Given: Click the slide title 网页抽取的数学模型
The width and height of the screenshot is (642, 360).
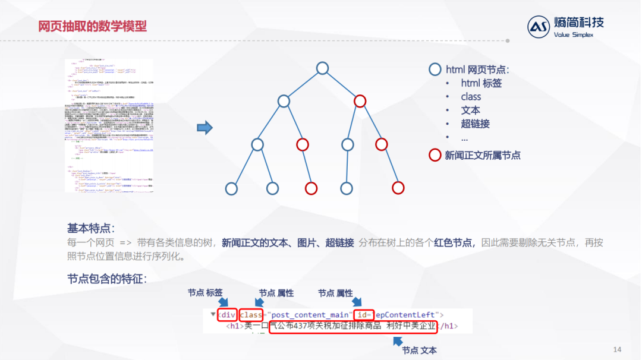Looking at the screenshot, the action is (x=92, y=27).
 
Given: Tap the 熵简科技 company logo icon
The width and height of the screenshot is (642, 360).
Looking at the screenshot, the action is (x=539, y=27).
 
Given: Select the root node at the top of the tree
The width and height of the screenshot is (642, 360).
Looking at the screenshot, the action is (x=322, y=68).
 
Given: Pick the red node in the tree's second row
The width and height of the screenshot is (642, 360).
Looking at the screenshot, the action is (x=360, y=101).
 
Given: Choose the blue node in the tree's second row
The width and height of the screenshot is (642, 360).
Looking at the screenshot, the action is (x=284, y=101).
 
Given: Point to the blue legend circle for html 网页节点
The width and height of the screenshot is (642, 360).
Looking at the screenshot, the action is (x=435, y=70).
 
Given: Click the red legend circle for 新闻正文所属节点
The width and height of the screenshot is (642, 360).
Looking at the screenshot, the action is (x=435, y=156).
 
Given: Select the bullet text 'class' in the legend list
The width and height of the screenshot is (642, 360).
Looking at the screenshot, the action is (x=471, y=97).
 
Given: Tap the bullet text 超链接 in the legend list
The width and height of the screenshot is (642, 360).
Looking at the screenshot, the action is (x=475, y=124).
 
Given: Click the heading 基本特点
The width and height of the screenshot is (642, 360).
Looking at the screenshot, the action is (x=91, y=228).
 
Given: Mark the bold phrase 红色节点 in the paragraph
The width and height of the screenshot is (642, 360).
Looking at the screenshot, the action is (x=454, y=242).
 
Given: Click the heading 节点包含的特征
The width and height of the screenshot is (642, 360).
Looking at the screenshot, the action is (x=107, y=278).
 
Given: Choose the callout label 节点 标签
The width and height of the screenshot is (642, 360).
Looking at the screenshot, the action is (x=205, y=293).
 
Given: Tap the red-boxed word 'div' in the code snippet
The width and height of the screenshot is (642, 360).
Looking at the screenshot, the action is (x=227, y=314).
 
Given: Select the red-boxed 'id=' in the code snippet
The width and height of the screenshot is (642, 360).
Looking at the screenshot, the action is (x=364, y=314).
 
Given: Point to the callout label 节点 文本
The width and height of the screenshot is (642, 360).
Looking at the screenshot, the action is (x=419, y=350).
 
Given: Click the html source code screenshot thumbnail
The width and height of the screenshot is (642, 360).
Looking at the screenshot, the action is (x=109, y=125).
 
